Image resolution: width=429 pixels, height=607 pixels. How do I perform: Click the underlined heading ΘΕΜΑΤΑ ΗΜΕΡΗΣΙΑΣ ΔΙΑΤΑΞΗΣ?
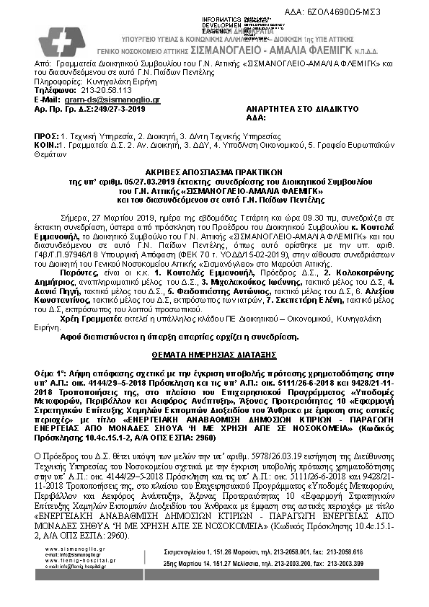click(x=214, y=355)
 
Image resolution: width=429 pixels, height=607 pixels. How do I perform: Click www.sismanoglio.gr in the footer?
click(x=70, y=549)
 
